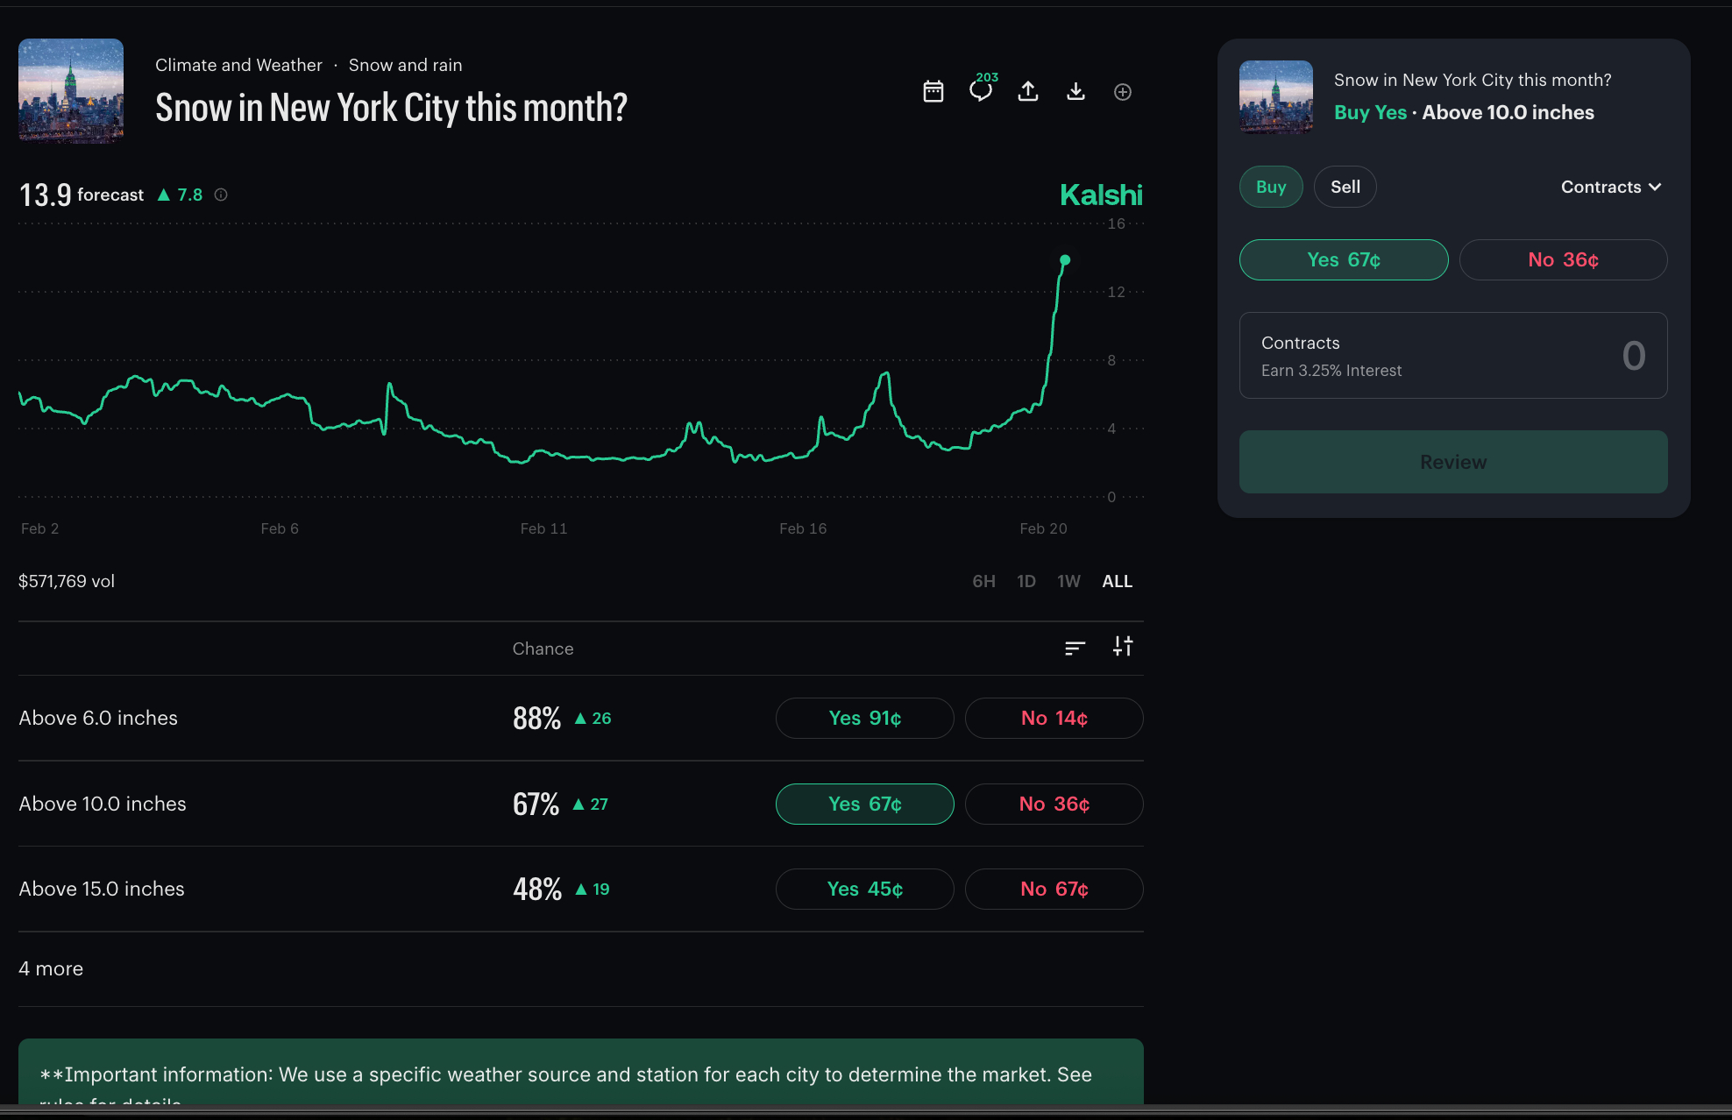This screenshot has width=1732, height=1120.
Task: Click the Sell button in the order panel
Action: tap(1345, 187)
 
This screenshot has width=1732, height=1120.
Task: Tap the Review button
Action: tap(1452, 462)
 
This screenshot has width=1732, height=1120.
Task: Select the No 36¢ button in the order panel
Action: tap(1563, 260)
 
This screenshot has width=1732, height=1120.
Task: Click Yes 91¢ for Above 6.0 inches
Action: tap(864, 719)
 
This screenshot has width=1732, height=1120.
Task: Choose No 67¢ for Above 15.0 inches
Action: tap(1054, 890)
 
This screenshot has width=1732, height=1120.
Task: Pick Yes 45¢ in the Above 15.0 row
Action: tap(864, 890)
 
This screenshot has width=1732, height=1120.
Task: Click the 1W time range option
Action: tap(1068, 581)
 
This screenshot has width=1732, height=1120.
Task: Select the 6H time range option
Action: tap(983, 581)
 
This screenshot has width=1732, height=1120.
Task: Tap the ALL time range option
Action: tap(1117, 581)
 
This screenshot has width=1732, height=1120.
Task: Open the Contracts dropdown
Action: tap(1610, 187)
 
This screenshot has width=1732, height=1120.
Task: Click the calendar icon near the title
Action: tap(933, 92)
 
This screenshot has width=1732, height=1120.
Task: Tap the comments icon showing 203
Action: tap(981, 90)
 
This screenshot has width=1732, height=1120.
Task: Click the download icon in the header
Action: tap(1075, 92)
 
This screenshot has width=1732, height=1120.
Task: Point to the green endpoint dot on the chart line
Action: tap(1065, 260)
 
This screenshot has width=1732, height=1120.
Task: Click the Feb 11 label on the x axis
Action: tap(543, 528)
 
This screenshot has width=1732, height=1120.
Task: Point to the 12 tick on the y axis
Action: tap(1116, 292)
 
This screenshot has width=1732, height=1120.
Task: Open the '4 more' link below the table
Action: tap(51, 968)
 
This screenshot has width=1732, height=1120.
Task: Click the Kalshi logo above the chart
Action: tap(1101, 195)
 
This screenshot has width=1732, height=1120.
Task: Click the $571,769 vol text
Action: tap(67, 581)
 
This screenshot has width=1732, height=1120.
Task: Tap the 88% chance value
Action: tap(536, 719)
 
